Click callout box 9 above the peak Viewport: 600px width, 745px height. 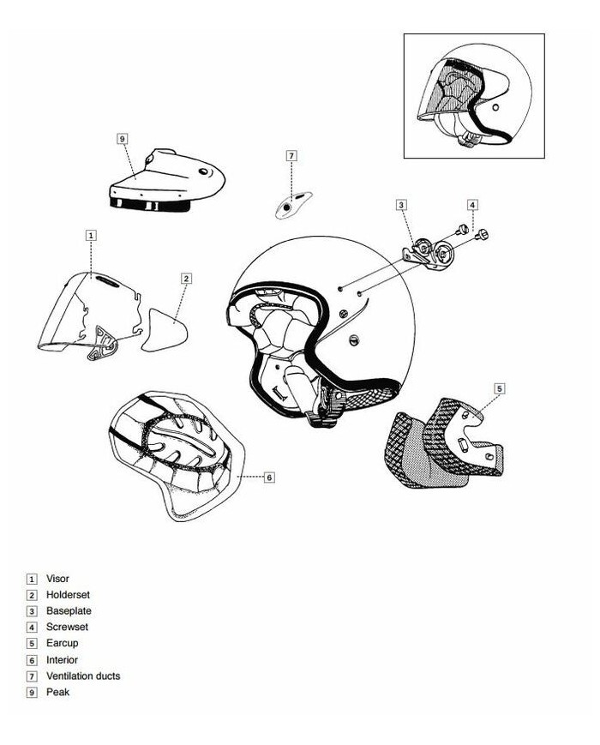[123, 139]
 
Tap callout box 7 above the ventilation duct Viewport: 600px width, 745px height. [291, 156]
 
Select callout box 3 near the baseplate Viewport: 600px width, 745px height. [401, 205]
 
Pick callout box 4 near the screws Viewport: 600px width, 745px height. [472, 205]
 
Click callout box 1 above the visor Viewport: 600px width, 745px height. [91, 235]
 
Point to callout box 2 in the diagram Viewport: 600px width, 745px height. [186, 279]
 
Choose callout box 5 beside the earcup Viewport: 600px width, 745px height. [500, 388]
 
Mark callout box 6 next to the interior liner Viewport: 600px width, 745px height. [269, 477]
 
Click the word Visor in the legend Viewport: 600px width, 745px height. [57, 579]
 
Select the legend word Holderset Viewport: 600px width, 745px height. [68, 595]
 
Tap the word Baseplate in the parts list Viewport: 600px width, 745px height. [69, 611]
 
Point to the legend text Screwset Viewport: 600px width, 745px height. [67, 628]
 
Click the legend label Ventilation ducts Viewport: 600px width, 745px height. [83, 676]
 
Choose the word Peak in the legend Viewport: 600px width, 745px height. [57, 692]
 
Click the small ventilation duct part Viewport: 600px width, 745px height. [294, 205]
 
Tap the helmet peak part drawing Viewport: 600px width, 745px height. [167, 180]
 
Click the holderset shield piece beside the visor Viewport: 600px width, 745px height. [165, 330]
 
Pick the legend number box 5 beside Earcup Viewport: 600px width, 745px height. [32, 644]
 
